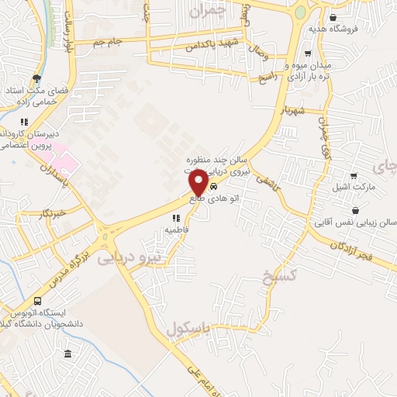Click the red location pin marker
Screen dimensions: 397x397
198,183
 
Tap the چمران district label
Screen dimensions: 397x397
231,12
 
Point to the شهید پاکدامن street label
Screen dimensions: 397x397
202,46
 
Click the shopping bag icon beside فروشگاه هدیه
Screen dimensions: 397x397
333,18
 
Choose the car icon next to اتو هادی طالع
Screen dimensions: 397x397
213,187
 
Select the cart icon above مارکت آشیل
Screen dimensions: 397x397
354,176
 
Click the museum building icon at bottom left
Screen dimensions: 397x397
68,354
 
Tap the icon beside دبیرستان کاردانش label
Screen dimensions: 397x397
24,122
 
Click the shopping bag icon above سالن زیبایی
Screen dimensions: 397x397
355,209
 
